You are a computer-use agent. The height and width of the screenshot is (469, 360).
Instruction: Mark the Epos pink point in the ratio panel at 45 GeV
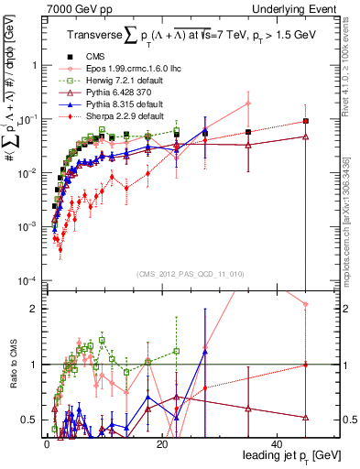[x=305, y=304]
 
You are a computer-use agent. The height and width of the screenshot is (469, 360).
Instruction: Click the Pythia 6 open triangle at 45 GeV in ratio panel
[x=305, y=417]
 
